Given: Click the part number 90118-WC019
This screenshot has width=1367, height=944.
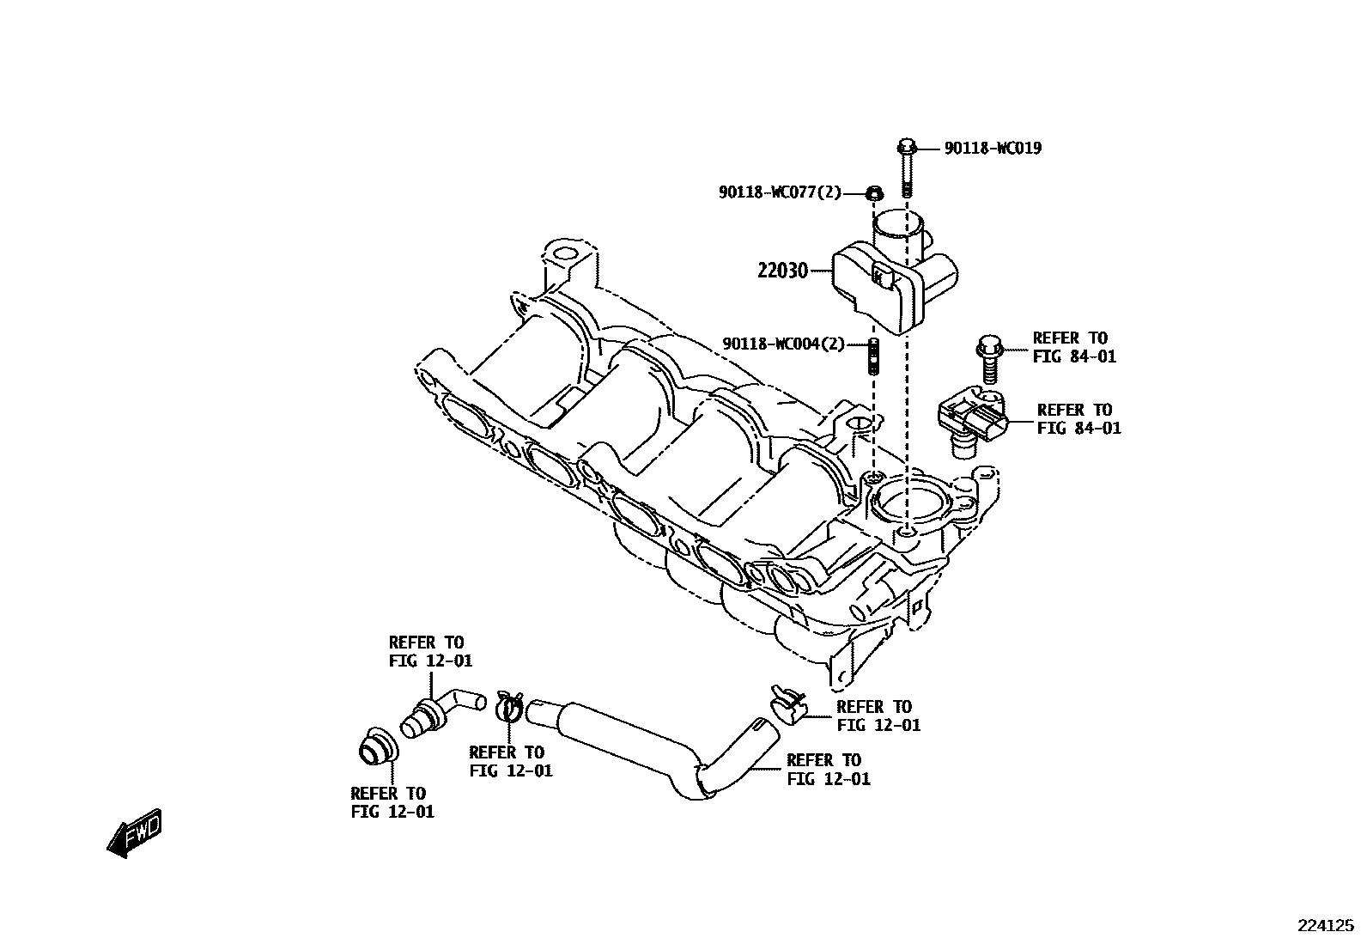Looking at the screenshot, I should [x=993, y=149].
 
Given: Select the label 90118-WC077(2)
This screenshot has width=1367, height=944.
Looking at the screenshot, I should [x=780, y=192].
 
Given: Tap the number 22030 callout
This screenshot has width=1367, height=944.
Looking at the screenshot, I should [x=782, y=271].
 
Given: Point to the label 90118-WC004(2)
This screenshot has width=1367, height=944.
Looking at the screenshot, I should [x=784, y=344].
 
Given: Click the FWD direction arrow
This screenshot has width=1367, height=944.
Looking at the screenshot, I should [x=135, y=831].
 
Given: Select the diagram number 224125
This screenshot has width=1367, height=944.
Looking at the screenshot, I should [x=1325, y=926].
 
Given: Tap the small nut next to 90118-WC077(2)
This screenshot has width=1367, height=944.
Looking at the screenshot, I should [x=873, y=193].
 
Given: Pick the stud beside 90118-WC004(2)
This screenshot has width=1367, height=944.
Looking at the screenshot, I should [x=873, y=356].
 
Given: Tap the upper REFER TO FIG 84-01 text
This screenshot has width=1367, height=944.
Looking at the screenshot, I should [x=1074, y=347].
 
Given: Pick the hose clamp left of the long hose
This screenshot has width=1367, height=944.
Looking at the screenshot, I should [x=509, y=706].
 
